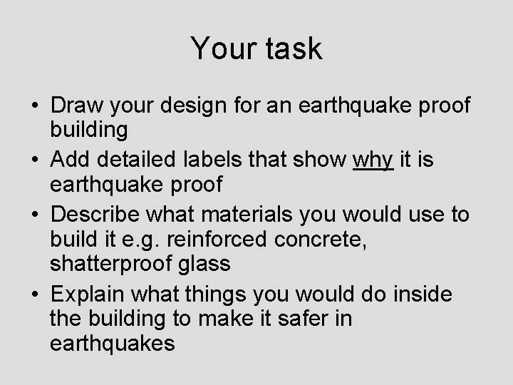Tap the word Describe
point(103,215)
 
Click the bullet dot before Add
point(35,159)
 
